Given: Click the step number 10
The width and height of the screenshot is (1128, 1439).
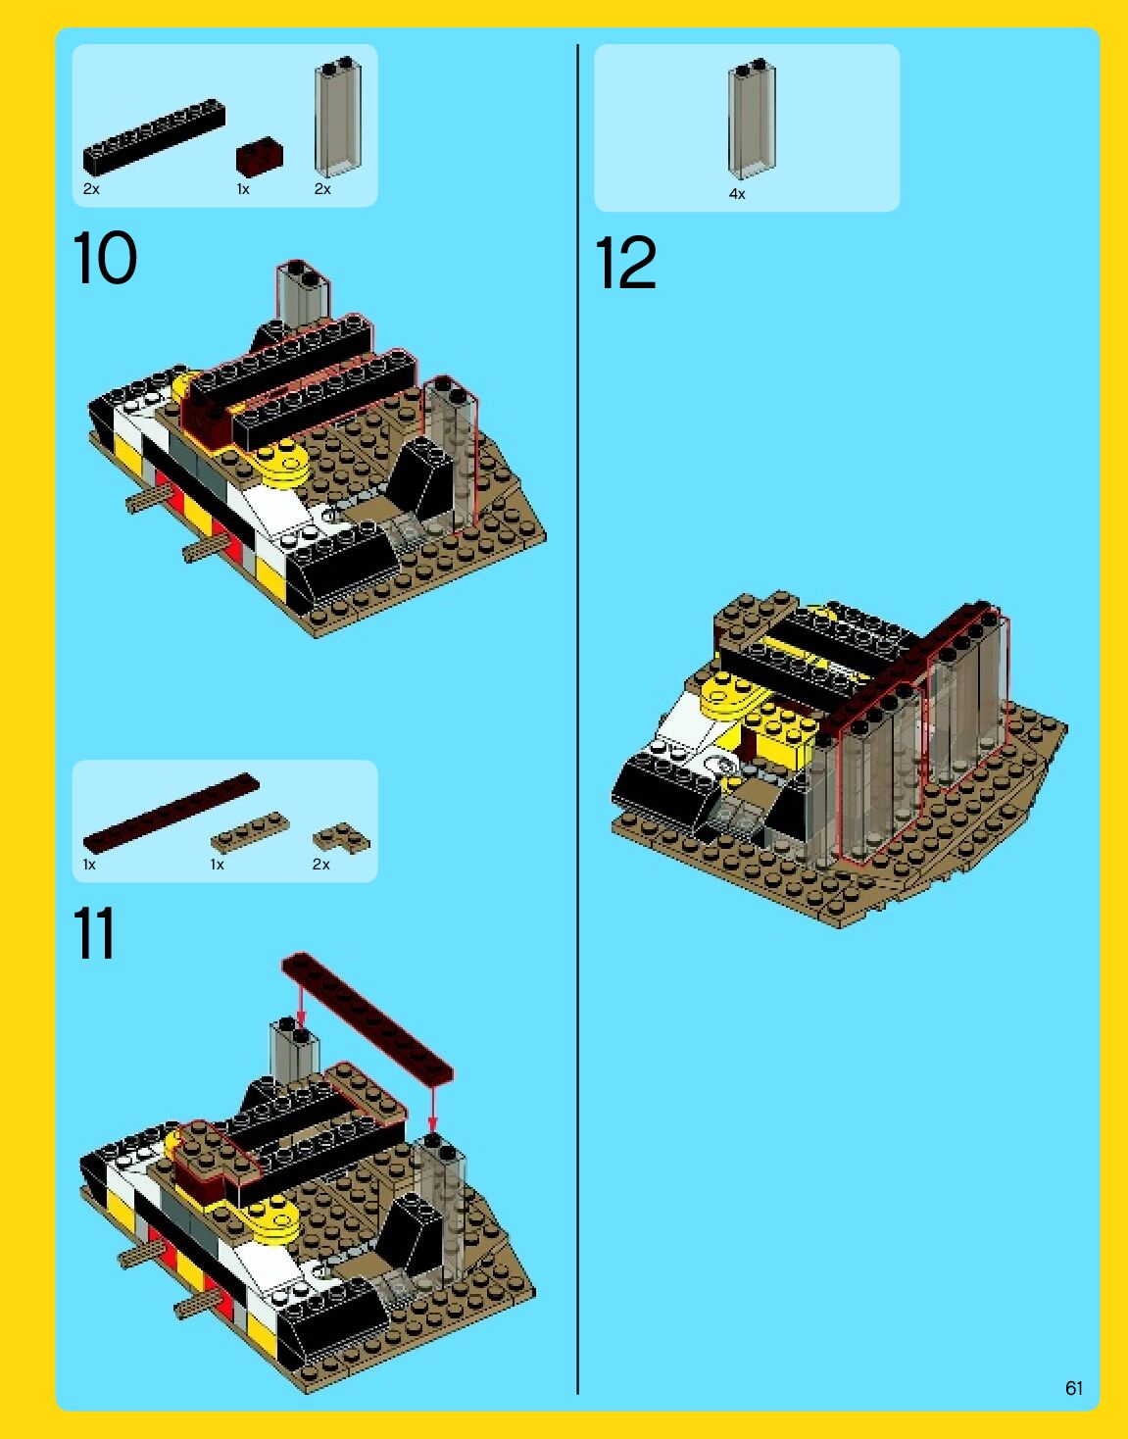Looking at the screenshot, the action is (105, 258).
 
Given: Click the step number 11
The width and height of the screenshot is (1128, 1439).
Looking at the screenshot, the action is (94, 933).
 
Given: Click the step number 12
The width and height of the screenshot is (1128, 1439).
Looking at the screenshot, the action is (625, 263).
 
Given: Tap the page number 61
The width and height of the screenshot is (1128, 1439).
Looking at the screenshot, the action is (1074, 1388).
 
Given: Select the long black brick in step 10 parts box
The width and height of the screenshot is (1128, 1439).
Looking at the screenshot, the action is (154, 137).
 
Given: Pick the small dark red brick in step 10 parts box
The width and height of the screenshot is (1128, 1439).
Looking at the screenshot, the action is (260, 157).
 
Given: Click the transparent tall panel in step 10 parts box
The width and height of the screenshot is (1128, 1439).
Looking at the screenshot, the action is (337, 118).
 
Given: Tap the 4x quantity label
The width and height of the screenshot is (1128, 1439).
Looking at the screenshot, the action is (737, 194).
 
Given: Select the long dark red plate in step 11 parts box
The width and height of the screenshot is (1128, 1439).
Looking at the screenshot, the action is (172, 813).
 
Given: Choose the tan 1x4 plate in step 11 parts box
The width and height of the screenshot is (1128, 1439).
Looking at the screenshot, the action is (250, 832).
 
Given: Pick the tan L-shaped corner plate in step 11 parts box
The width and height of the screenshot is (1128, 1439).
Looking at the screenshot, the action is (341, 838).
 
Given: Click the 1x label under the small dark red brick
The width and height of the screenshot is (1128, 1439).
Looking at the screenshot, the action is (243, 189).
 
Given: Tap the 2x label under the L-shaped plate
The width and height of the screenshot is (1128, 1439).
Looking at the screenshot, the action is (321, 865).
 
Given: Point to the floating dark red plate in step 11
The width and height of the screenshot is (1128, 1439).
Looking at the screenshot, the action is (368, 1020).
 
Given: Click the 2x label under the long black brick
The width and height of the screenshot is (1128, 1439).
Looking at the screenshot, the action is (91, 189).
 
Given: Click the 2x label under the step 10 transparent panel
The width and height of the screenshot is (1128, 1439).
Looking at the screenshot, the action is (322, 189).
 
